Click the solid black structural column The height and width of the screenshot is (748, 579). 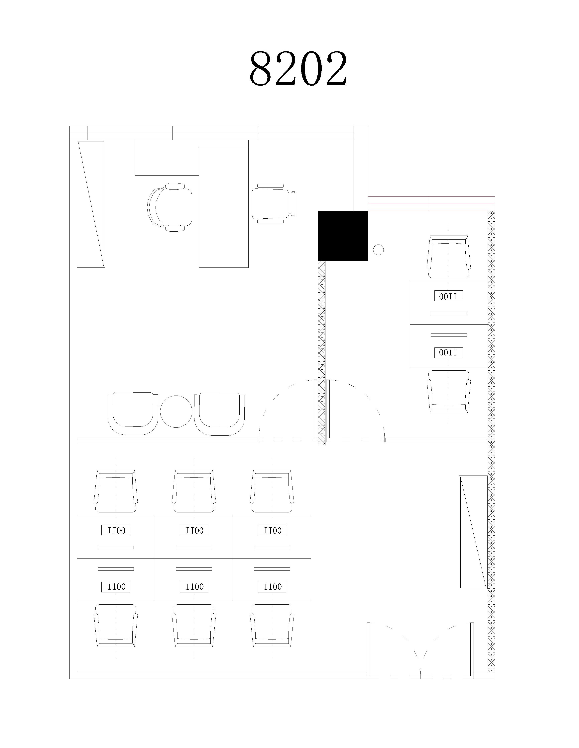(343, 236)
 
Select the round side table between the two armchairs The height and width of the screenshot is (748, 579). (176, 411)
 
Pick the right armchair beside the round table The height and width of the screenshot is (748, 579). (219, 414)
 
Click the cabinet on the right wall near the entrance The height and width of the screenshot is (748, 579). (473, 532)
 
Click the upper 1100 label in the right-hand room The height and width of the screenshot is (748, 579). (448, 296)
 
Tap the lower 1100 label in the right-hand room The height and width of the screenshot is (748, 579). (448, 352)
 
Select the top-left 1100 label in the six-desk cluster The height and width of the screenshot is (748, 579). (116, 530)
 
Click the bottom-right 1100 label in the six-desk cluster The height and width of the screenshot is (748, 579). (272, 587)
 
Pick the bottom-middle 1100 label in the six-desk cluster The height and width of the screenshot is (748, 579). (194, 587)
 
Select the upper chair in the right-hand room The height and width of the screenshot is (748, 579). (448, 257)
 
